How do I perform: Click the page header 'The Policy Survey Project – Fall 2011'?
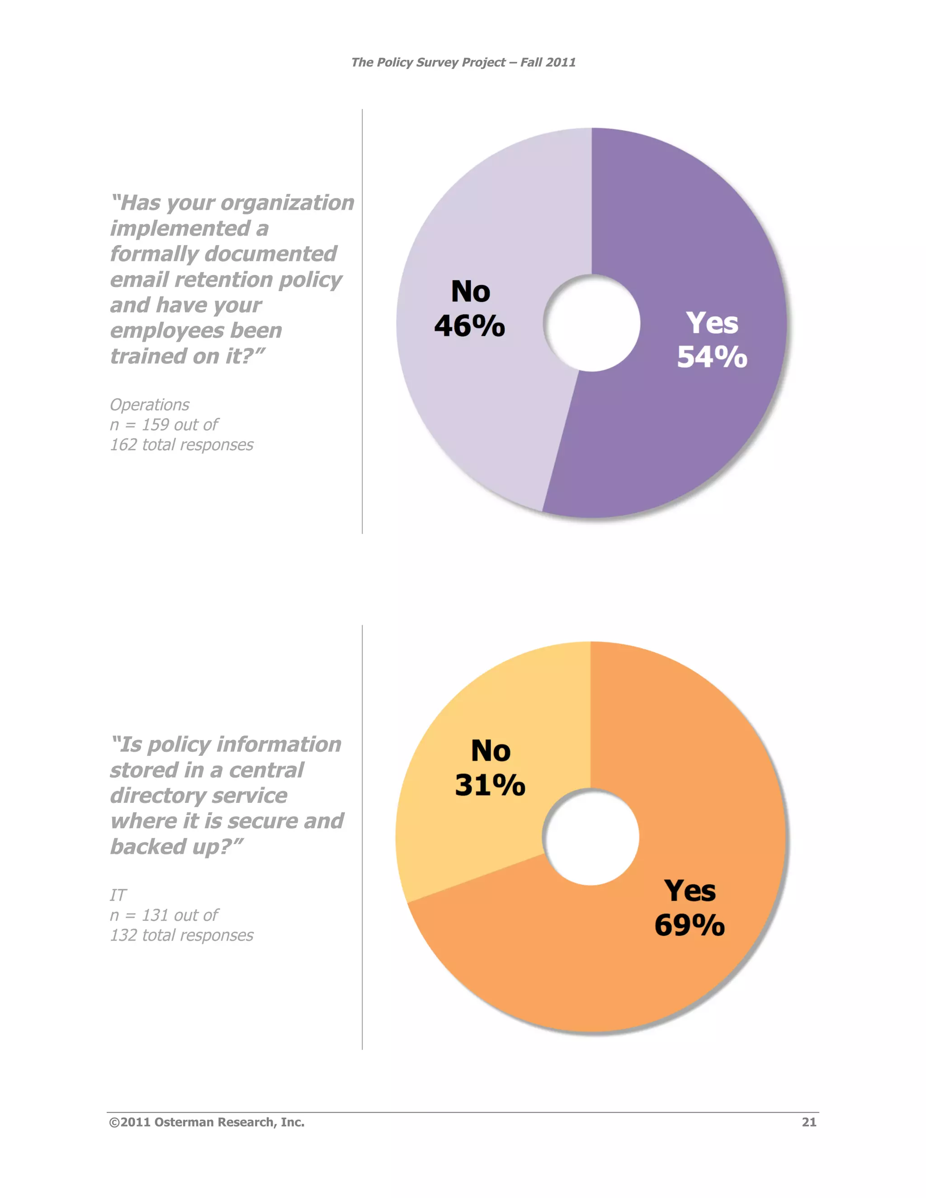click(x=463, y=62)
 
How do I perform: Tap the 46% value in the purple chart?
click(x=470, y=326)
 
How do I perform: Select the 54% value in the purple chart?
click(x=712, y=357)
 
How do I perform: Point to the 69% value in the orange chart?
click(x=690, y=925)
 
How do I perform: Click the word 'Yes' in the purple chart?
click(x=712, y=323)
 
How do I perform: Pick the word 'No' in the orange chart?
click(x=491, y=751)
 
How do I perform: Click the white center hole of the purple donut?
click(x=592, y=323)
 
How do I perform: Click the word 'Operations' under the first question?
click(x=150, y=405)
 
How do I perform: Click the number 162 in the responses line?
click(x=123, y=445)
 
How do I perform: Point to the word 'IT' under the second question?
click(x=118, y=895)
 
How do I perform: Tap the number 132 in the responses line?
click(x=123, y=935)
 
